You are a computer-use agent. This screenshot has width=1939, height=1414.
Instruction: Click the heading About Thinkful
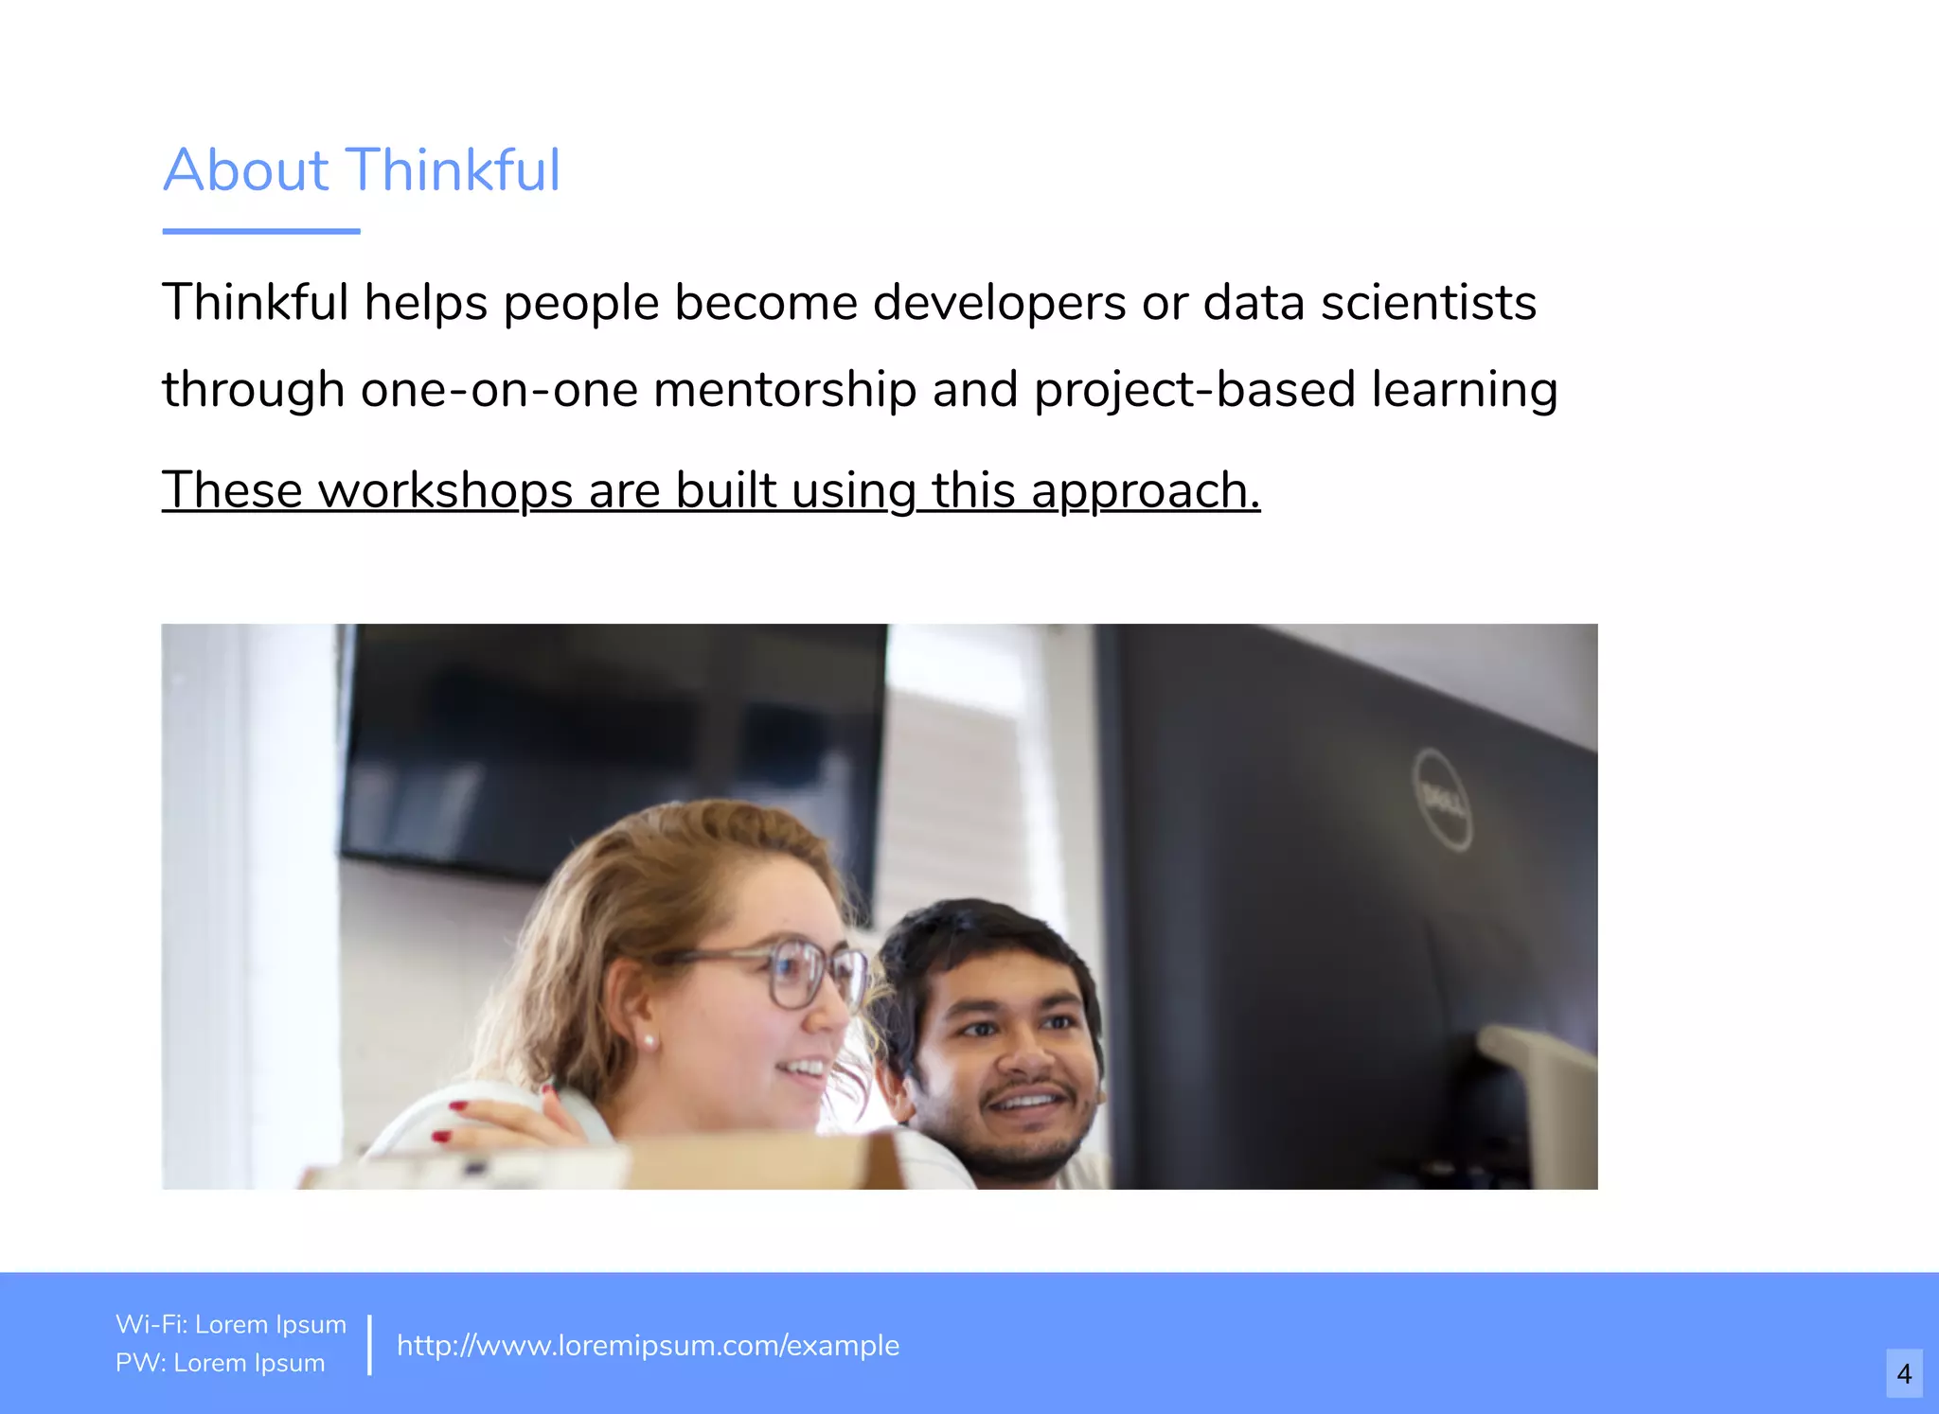tap(362, 170)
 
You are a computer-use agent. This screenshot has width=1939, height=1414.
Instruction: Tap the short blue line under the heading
tap(261, 230)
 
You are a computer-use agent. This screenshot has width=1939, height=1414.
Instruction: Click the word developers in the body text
tap(999, 303)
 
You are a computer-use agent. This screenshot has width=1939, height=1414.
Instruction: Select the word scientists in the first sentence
tap(1428, 303)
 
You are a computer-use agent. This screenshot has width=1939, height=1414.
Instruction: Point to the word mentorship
tap(785, 390)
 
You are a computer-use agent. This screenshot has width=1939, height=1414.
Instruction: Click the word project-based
tap(1195, 390)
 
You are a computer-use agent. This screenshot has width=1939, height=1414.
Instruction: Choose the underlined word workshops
tap(445, 490)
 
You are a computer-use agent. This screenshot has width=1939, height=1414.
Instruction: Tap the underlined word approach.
tap(1145, 490)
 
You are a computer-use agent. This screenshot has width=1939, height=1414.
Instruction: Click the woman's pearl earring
tap(649, 1041)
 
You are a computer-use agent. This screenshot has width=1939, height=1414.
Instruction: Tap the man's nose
tap(1023, 1057)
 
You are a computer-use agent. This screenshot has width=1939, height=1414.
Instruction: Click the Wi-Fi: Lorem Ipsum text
tap(231, 1324)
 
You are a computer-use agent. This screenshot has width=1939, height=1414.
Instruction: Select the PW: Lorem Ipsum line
tap(220, 1363)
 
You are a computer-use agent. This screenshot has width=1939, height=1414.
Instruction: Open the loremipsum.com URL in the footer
tap(648, 1345)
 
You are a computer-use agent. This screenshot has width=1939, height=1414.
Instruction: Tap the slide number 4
tap(1904, 1373)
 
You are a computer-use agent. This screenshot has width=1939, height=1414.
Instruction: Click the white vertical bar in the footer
tap(369, 1344)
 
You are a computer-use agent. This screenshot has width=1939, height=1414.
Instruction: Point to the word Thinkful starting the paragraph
tap(256, 303)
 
